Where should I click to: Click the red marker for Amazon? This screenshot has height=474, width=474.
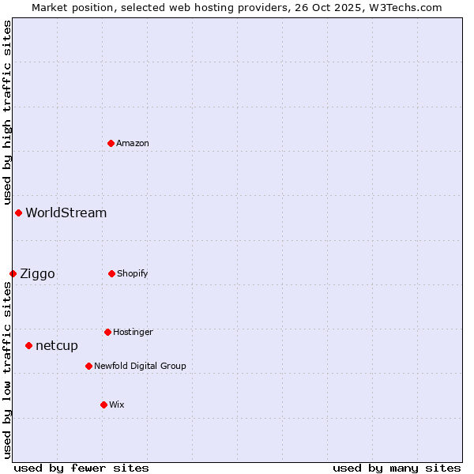click(111, 143)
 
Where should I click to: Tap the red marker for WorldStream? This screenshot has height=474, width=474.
click(18, 213)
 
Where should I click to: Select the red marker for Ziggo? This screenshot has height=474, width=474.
click(13, 273)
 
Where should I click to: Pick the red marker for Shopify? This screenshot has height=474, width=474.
click(111, 273)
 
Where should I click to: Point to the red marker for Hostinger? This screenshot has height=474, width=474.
click(107, 332)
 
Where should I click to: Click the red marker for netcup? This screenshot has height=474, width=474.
click(28, 345)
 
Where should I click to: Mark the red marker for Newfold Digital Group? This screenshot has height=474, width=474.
click(88, 366)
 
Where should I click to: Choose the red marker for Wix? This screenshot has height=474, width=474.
click(103, 404)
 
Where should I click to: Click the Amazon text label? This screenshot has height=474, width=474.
click(133, 143)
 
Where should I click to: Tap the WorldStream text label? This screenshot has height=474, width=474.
click(66, 213)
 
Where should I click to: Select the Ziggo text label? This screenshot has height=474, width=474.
click(37, 273)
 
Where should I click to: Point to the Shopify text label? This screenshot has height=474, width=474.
click(133, 273)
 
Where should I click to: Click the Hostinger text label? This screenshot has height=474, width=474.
click(133, 332)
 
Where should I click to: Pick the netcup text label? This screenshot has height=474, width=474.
click(57, 345)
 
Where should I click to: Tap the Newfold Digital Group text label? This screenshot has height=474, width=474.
click(140, 366)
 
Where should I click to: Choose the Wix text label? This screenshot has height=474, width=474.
click(117, 404)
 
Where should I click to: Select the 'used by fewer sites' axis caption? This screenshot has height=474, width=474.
click(81, 468)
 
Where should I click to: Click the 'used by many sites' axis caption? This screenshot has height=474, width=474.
click(397, 468)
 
